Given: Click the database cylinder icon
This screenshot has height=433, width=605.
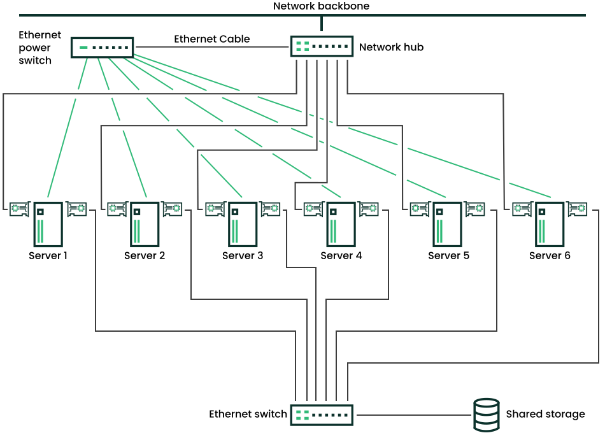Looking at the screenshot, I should [x=486, y=415].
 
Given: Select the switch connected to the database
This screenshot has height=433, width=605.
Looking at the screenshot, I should [x=322, y=415].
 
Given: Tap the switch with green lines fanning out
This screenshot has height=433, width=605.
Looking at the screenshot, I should [x=102, y=47].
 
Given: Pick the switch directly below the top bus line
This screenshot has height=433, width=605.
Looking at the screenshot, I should [x=322, y=46].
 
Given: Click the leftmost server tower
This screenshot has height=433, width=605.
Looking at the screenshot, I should [x=48, y=224].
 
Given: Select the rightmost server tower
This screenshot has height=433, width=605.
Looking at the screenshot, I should [x=550, y=224].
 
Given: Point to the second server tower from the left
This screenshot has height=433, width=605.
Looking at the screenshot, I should [x=145, y=224].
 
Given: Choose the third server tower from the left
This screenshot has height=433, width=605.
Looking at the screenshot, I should [x=243, y=224].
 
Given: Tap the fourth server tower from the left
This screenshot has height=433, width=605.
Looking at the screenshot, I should [x=341, y=224].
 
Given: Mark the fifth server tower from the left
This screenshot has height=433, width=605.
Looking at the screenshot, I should [x=447, y=224].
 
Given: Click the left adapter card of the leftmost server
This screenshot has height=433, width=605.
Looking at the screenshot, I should [x=19, y=209].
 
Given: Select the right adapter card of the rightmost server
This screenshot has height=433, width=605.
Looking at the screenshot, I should [x=578, y=209].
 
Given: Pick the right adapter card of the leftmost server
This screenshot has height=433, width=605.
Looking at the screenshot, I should [x=77, y=209].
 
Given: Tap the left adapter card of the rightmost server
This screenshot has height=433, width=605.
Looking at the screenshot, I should [x=522, y=209].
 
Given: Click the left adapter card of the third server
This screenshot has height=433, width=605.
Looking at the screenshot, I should [x=215, y=209].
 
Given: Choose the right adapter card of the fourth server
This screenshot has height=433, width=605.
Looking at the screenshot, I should [x=369, y=209].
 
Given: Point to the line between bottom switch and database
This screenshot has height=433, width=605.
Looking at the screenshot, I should [x=414, y=415].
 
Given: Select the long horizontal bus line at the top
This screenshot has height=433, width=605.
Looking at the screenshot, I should [x=191, y=15].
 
